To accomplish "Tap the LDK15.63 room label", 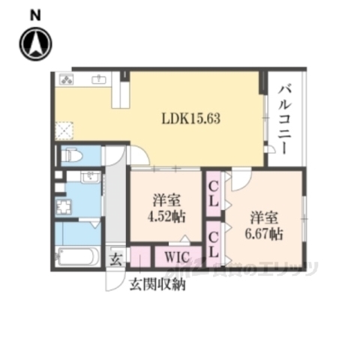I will click(191, 118).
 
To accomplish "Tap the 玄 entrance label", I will click(116, 259).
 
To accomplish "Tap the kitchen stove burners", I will click(66, 79).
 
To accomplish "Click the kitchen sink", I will click(100, 79).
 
